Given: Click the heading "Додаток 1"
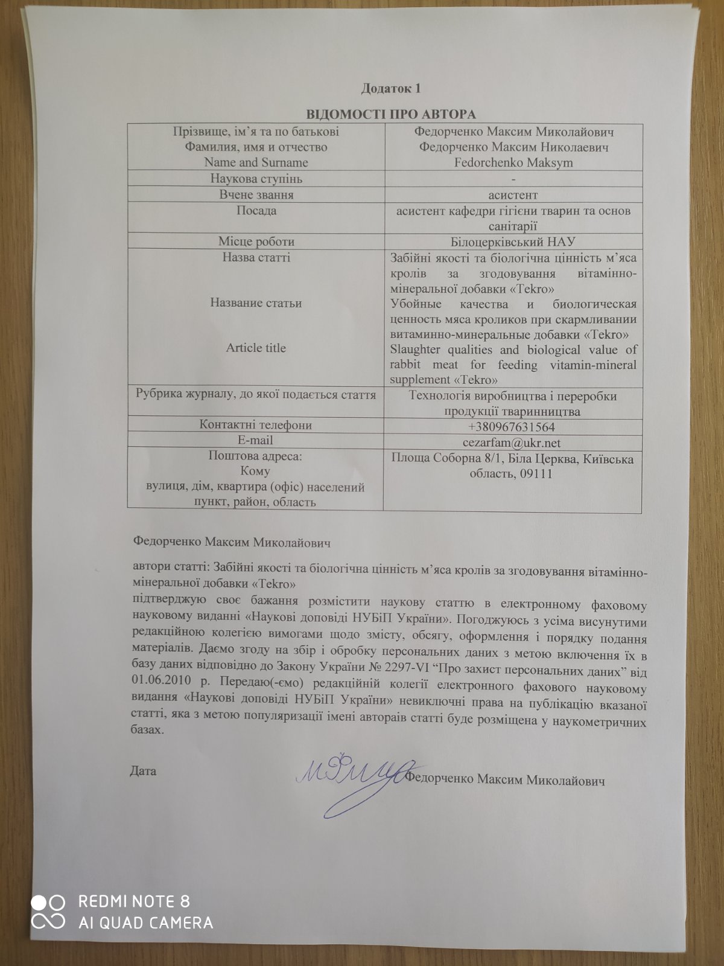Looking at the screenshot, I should coord(390,88).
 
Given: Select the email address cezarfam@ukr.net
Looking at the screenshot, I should coord(512,443).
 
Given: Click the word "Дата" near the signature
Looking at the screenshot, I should coord(143,771).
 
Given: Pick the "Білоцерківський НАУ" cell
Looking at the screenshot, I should coord(512,241).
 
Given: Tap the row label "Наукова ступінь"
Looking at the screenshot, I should coord(256,179).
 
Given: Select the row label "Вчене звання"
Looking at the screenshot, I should coord(256,195).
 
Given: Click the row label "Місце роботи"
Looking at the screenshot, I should coord(256,241).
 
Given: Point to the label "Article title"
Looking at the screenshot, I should coord(256,348).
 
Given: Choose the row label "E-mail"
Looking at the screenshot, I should coord(256,441).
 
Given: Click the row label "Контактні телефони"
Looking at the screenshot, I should coord(256,425).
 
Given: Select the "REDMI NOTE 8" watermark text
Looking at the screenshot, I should coord(134,902).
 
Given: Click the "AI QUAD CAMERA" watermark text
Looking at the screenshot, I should coord(145,923).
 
